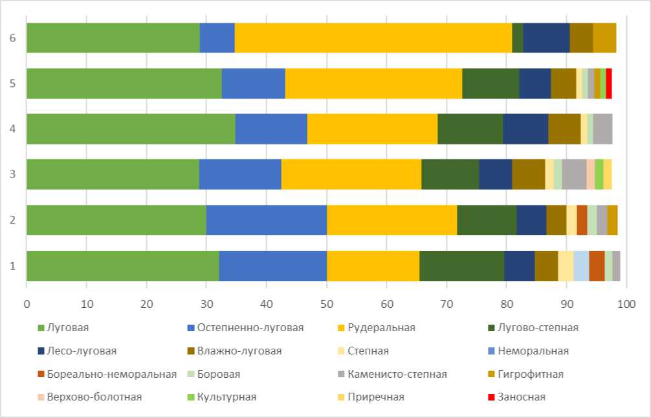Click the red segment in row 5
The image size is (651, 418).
click(609, 83)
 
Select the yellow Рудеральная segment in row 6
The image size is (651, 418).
click(373, 38)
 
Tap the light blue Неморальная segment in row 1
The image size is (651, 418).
click(581, 265)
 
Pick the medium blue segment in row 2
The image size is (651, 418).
click(267, 220)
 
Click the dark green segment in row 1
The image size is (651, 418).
click(461, 265)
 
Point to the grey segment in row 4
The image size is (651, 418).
click(602, 128)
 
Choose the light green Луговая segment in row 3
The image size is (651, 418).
click(113, 174)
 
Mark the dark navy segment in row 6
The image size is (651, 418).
click(546, 38)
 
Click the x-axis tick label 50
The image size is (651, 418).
click(327, 303)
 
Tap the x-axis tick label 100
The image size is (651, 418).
click(626, 303)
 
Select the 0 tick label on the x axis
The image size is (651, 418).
click(27, 303)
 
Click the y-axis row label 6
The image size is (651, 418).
click(12, 38)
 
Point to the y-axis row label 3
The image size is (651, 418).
click(12, 174)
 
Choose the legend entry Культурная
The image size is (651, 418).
click(226, 397)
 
